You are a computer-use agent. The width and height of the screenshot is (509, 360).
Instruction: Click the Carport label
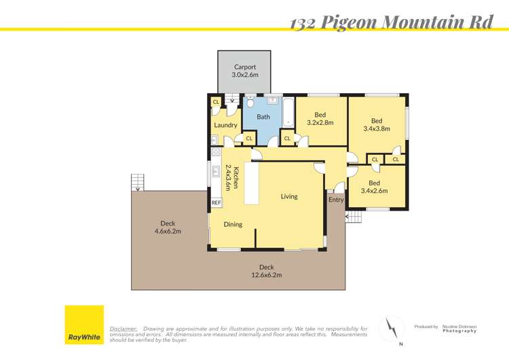(x=245, y=67)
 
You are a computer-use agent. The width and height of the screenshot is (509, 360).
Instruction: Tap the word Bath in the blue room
(x=263, y=117)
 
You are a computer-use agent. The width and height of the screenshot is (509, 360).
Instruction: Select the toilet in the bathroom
(x=250, y=103)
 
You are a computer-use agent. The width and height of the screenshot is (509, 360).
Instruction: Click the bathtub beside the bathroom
(x=288, y=113)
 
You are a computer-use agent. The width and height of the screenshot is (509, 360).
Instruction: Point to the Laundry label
(x=225, y=125)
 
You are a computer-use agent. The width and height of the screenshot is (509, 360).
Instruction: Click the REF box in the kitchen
(x=216, y=202)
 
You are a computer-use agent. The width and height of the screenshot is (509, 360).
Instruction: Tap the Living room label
(x=289, y=196)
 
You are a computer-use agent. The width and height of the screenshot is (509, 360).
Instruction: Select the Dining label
(x=233, y=224)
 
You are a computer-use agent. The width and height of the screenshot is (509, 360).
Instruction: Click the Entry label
(x=336, y=200)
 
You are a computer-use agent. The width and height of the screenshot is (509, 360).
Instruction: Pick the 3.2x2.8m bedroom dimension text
(x=320, y=123)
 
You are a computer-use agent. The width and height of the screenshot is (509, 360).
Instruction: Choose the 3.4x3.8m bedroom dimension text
(x=377, y=128)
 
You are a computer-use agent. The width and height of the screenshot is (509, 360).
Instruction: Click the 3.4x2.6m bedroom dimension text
(x=374, y=191)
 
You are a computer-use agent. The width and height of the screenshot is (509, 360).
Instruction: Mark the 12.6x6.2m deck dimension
(x=265, y=275)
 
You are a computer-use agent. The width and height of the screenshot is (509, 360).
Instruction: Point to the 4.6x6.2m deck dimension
(x=168, y=232)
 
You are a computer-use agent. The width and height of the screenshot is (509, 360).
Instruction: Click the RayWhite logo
(x=84, y=325)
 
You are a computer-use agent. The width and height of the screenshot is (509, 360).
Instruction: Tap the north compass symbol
(x=392, y=329)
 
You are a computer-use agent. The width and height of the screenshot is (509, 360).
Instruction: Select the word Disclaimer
(x=124, y=328)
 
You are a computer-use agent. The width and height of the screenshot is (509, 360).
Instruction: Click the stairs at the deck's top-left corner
(x=138, y=182)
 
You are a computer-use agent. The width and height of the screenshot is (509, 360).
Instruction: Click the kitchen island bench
(x=251, y=183)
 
